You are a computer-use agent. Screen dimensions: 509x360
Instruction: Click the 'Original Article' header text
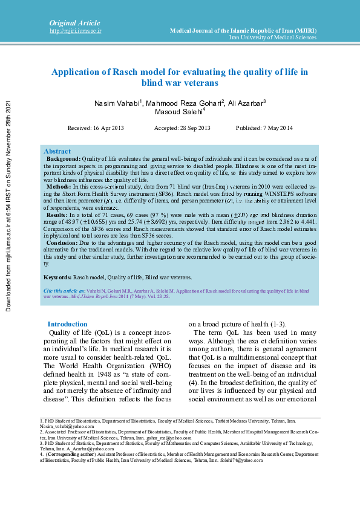pyautogui.click(x=74, y=22)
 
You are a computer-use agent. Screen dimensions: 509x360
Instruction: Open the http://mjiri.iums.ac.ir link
pyautogui.click(x=75, y=30)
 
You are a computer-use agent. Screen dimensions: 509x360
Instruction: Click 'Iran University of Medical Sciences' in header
pyautogui.click(x=272, y=37)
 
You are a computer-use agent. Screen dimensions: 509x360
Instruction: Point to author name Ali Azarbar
pyautogui.click(x=247, y=103)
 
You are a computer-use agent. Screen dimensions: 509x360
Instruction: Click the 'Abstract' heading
pyautogui.click(x=57, y=151)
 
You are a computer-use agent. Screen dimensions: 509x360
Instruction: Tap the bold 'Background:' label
pyautogui.click(x=64, y=158)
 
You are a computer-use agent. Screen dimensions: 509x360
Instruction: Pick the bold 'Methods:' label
pyautogui.click(x=59, y=187)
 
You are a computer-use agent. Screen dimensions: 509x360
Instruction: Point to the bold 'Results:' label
pyautogui.click(x=57, y=215)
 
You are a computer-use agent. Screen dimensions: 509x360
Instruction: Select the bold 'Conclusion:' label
pyautogui.click(x=62, y=242)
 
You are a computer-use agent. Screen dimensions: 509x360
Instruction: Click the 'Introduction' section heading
pyautogui.click(x=67, y=324)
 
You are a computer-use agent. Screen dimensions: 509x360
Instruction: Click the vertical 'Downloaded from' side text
pyautogui.click(x=8, y=206)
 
